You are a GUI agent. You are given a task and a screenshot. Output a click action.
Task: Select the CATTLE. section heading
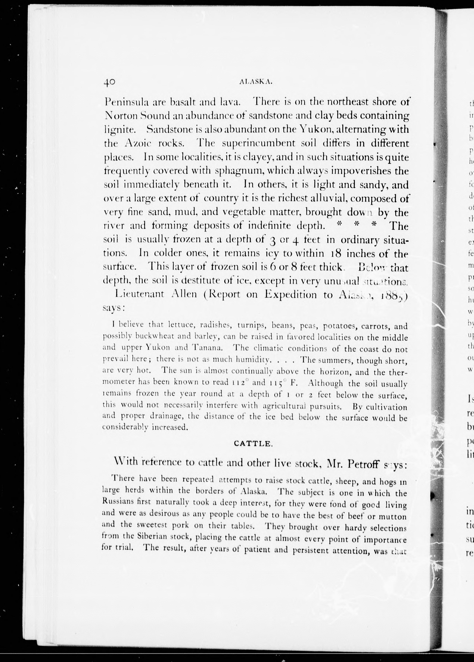253,444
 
